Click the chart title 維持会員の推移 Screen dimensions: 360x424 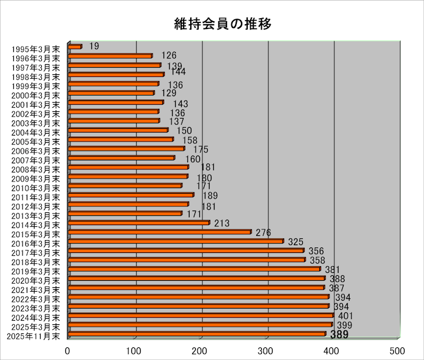(x=220, y=24)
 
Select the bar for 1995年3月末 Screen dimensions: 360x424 (x=75, y=47)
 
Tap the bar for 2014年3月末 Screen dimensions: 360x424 (x=139, y=223)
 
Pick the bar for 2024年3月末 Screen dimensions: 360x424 (x=200, y=315)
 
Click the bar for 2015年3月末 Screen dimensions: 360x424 (x=159, y=232)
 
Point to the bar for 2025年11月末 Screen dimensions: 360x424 (x=197, y=334)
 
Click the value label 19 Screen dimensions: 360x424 (x=94, y=46)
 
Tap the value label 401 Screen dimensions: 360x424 (x=345, y=316)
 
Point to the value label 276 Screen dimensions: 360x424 (x=263, y=233)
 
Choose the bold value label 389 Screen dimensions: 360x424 (x=339, y=335)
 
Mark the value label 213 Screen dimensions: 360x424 (x=222, y=224)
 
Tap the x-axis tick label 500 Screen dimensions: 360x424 (x=397, y=350)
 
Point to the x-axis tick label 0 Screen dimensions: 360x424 (x=68, y=350)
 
